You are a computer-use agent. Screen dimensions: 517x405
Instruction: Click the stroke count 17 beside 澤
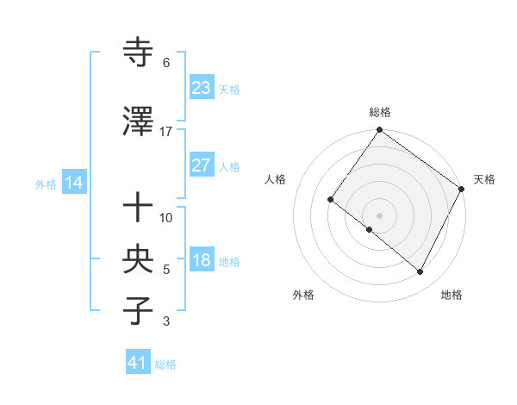point(166,132)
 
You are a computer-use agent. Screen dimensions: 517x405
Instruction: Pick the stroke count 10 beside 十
point(166,218)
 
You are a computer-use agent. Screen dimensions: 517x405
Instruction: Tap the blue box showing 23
point(201,88)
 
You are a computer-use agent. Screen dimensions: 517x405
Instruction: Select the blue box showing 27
point(201,166)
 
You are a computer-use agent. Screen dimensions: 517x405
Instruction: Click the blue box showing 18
point(201,261)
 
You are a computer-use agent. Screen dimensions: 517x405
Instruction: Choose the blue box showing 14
point(73,183)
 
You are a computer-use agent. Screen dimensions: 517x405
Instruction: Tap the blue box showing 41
point(137,364)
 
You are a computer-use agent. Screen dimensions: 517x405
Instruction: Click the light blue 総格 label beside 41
point(165,364)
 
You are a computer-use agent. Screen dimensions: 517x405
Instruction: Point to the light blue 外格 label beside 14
point(46,184)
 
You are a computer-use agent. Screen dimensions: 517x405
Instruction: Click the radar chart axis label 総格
point(380,112)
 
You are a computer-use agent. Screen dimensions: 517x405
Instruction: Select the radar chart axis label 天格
point(484,179)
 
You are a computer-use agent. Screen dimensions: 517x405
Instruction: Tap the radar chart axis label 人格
point(276,179)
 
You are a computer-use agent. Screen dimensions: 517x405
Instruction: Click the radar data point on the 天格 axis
point(462,189)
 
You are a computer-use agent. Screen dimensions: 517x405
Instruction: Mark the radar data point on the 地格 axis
point(420,272)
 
